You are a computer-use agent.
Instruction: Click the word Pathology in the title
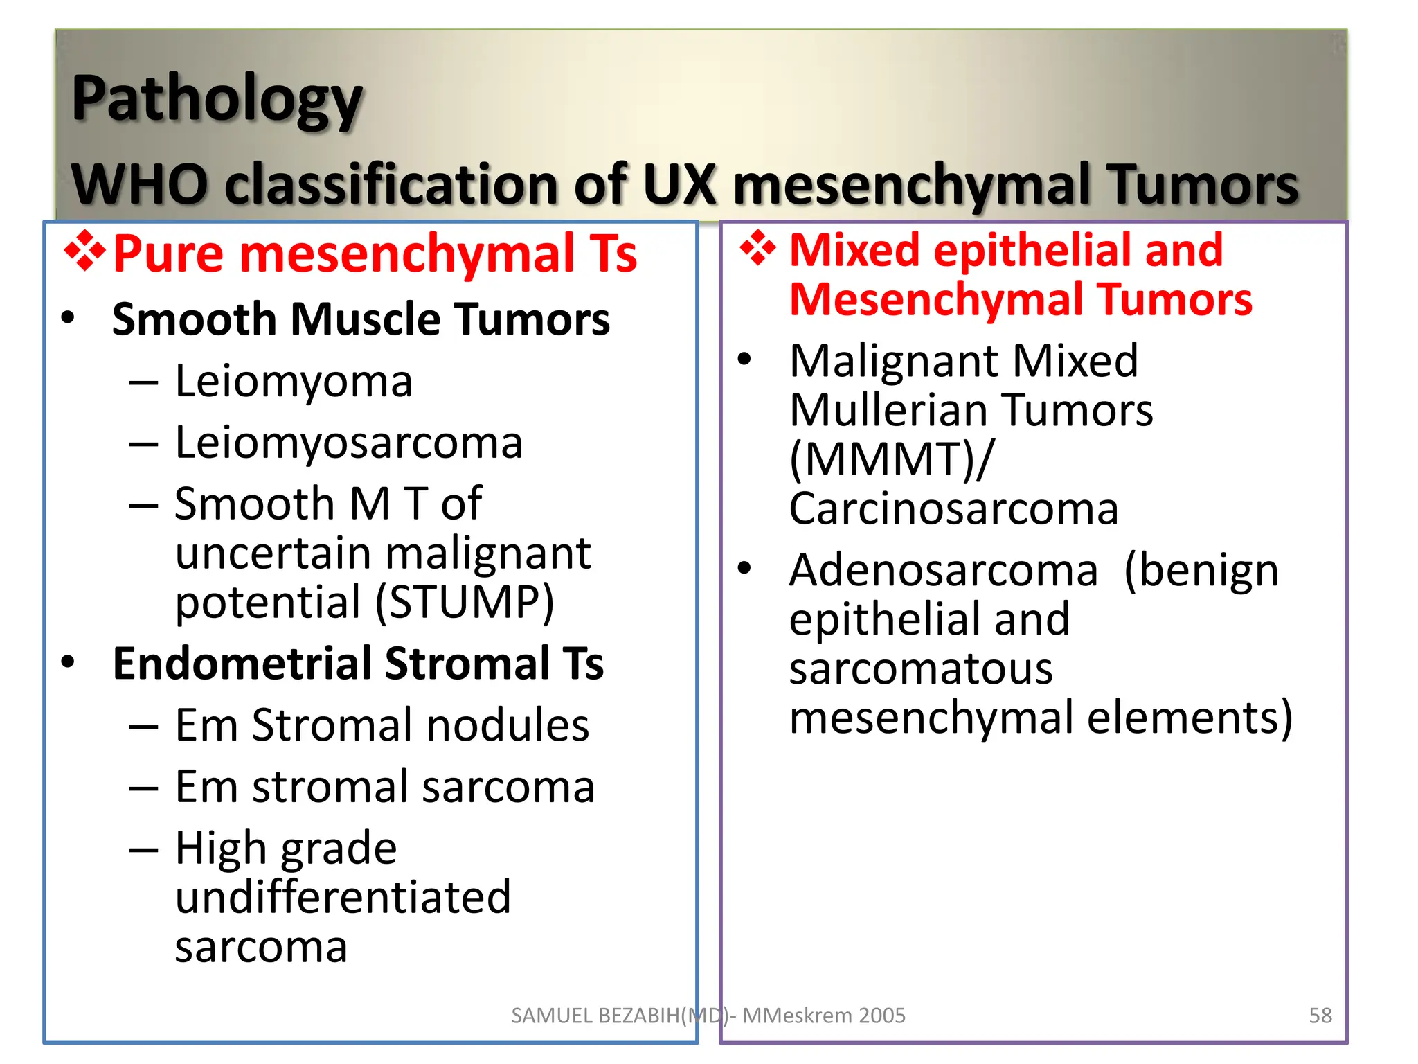tap(217, 100)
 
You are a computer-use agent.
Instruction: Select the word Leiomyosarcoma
tap(348, 443)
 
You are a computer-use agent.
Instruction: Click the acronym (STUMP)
tap(465, 602)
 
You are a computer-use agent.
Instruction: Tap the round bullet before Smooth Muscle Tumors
tap(68, 319)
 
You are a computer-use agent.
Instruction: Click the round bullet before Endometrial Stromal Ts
tap(68, 662)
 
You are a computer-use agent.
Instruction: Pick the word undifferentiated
tap(343, 897)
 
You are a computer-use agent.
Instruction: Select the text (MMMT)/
tap(892, 460)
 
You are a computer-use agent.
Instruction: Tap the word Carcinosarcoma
tap(953, 509)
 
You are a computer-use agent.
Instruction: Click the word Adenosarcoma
tap(943, 571)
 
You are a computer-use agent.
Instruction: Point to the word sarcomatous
tap(921, 669)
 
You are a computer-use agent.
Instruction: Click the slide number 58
tap(1320, 1016)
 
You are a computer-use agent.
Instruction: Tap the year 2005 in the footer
tap(881, 1016)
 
